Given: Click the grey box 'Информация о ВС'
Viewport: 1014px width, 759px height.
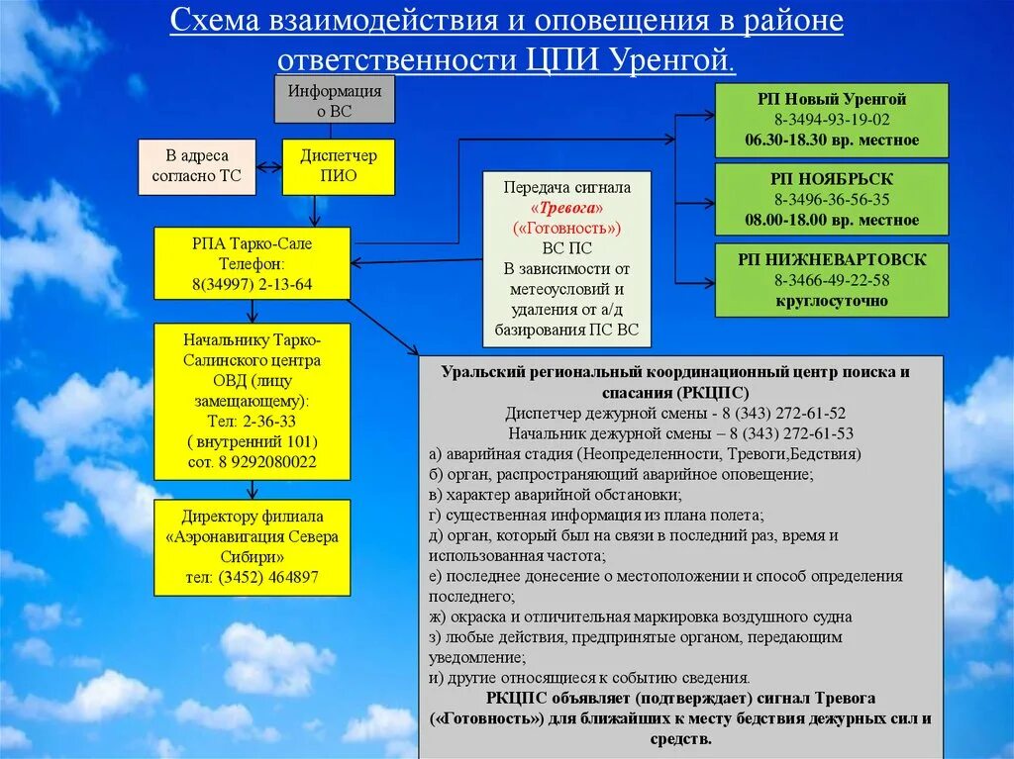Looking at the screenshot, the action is click(x=334, y=100).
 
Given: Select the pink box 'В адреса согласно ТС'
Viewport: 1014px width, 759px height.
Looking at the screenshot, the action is click(x=196, y=166).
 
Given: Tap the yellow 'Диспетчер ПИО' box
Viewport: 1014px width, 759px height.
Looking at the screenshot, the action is click(x=339, y=166).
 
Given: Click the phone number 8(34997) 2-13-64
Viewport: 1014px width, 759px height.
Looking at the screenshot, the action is click(x=253, y=285).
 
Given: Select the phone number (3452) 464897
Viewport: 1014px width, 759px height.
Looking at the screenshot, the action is click(x=268, y=577).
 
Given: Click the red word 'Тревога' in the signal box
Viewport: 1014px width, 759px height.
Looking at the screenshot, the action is click(x=567, y=207).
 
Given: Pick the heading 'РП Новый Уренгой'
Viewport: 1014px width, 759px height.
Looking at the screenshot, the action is click(x=832, y=99).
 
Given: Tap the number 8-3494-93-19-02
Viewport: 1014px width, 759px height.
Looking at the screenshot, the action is click(x=832, y=120).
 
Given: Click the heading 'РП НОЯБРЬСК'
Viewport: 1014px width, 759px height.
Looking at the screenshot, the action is click(x=832, y=179).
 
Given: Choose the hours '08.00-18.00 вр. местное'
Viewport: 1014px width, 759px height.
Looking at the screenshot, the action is click(x=832, y=220).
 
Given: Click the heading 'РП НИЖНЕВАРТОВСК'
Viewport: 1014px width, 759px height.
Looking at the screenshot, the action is click(x=832, y=259).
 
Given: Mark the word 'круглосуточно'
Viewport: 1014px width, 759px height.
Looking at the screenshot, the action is click(x=832, y=300).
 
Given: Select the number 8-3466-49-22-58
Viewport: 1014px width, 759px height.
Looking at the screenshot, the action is click(x=832, y=280).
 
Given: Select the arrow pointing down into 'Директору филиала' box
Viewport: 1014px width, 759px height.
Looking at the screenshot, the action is click(x=253, y=490).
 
